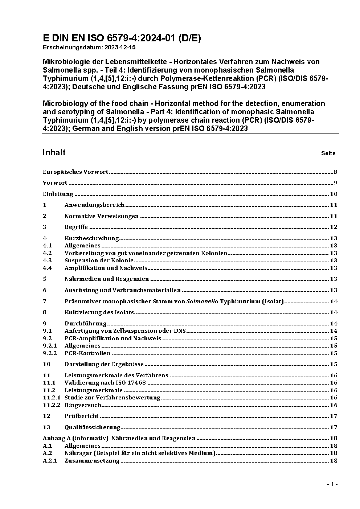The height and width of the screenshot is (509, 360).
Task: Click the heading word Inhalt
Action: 54,152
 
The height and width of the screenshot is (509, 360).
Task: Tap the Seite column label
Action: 328,153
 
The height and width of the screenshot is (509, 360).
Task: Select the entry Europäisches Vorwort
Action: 75,172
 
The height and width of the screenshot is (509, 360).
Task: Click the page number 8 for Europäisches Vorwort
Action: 335,172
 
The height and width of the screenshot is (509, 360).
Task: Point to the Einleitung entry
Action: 58,194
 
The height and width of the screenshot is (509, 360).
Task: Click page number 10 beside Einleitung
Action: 334,194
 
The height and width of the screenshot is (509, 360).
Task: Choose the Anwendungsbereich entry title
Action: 94,205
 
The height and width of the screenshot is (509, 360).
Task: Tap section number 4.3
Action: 47,260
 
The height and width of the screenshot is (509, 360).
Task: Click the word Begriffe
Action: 76,227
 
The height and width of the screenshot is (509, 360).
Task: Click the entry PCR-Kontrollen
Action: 87,353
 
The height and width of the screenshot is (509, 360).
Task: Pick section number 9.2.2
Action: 50,353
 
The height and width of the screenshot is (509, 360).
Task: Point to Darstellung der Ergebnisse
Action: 104,364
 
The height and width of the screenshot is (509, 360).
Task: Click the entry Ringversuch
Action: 83,405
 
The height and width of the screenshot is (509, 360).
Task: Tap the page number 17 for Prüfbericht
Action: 334,416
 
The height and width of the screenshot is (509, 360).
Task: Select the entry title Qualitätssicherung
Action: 92,427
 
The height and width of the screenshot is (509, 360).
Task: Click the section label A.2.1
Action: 50,461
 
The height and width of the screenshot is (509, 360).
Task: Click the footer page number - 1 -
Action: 332,484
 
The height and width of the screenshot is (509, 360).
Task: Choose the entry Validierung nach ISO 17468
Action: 105,383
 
